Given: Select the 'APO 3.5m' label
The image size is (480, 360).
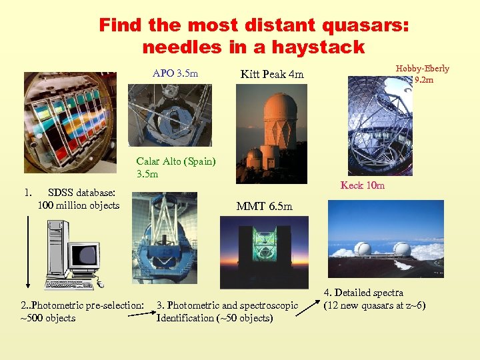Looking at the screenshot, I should point(175,73).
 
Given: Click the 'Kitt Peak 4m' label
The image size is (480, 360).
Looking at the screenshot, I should point(272,75).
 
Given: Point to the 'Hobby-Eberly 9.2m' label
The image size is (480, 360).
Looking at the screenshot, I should point(423,74).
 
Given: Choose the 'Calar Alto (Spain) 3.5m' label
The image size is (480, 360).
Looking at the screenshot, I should point(175,167).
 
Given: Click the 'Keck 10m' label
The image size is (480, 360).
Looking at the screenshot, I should point(363,185).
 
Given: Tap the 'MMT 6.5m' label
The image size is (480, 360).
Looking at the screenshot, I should point(264,207).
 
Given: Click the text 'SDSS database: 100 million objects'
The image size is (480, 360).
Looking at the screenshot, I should point(78,199).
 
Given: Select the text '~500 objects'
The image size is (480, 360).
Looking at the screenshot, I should point(48,318).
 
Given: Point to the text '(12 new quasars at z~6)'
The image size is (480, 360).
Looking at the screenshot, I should point(374,306).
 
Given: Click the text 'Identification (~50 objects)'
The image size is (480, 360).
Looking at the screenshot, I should point(214,318).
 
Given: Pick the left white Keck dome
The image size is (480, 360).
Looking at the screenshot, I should point(363,249).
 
